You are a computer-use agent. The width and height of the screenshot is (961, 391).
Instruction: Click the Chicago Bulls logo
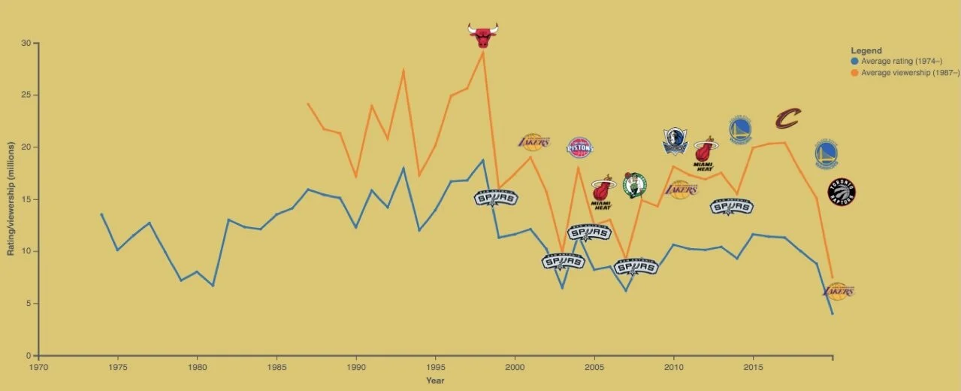tap(482, 35)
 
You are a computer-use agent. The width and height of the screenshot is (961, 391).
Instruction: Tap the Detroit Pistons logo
tap(579, 147)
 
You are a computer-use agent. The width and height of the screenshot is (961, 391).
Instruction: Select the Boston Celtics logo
tap(634, 184)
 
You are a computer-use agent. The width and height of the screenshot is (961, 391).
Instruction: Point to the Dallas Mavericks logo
tap(674, 141)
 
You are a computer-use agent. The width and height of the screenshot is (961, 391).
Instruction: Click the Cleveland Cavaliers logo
tap(787, 118)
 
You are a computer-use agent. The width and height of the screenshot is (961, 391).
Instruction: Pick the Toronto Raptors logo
tap(841, 192)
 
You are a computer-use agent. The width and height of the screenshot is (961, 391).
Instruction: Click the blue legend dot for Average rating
tap(854, 61)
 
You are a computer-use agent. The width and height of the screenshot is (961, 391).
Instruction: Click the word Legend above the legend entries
tap(866, 50)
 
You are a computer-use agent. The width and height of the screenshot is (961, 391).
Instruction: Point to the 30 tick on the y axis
tap(26, 44)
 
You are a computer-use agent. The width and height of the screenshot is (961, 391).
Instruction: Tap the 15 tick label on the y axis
tap(26, 200)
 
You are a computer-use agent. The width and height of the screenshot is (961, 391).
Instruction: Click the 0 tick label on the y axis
tap(29, 356)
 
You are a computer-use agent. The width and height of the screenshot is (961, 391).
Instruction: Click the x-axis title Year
tap(435, 380)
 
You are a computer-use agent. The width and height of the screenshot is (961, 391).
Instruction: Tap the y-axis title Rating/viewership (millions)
tap(11, 199)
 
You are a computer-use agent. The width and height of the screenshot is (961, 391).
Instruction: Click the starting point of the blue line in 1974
tap(101, 214)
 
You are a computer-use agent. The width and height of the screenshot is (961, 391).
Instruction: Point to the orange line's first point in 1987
tap(308, 104)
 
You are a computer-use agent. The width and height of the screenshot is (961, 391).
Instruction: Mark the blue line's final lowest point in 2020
tap(833, 314)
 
